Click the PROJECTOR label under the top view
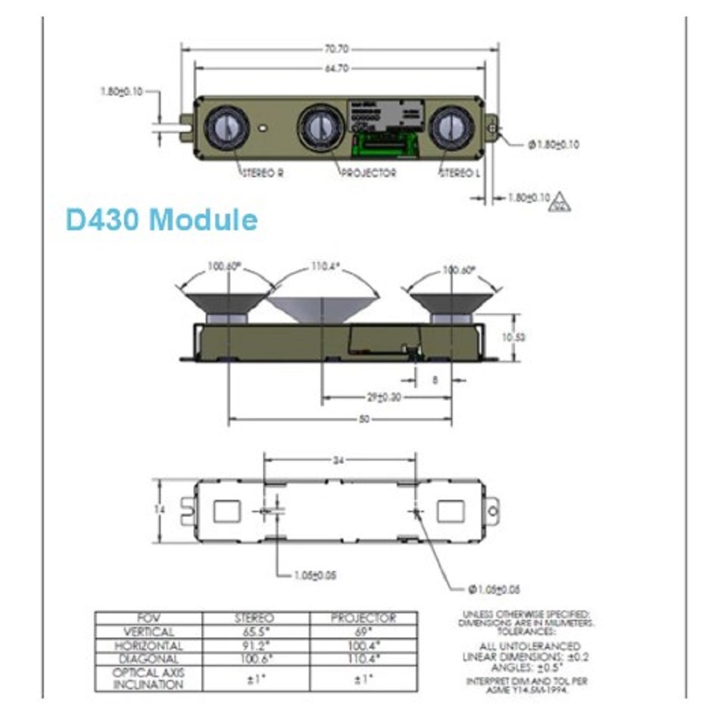pyautogui.click(x=369, y=174)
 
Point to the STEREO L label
pyautogui.click(x=459, y=174)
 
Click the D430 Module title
pyautogui.click(x=161, y=219)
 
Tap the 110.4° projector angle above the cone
pyautogui.click(x=324, y=267)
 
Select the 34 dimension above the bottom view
pyautogui.click(x=338, y=460)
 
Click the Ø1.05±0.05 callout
pyautogui.click(x=493, y=590)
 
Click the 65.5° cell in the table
pyautogui.click(x=255, y=632)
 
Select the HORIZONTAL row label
pyautogui.click(x=148, y=646)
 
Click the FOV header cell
pyautogui.click(x=148, y=618)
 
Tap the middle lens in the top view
pyautogui.click(x=317, y=128)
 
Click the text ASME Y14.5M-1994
pyautogui.click(x=526, y=689)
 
